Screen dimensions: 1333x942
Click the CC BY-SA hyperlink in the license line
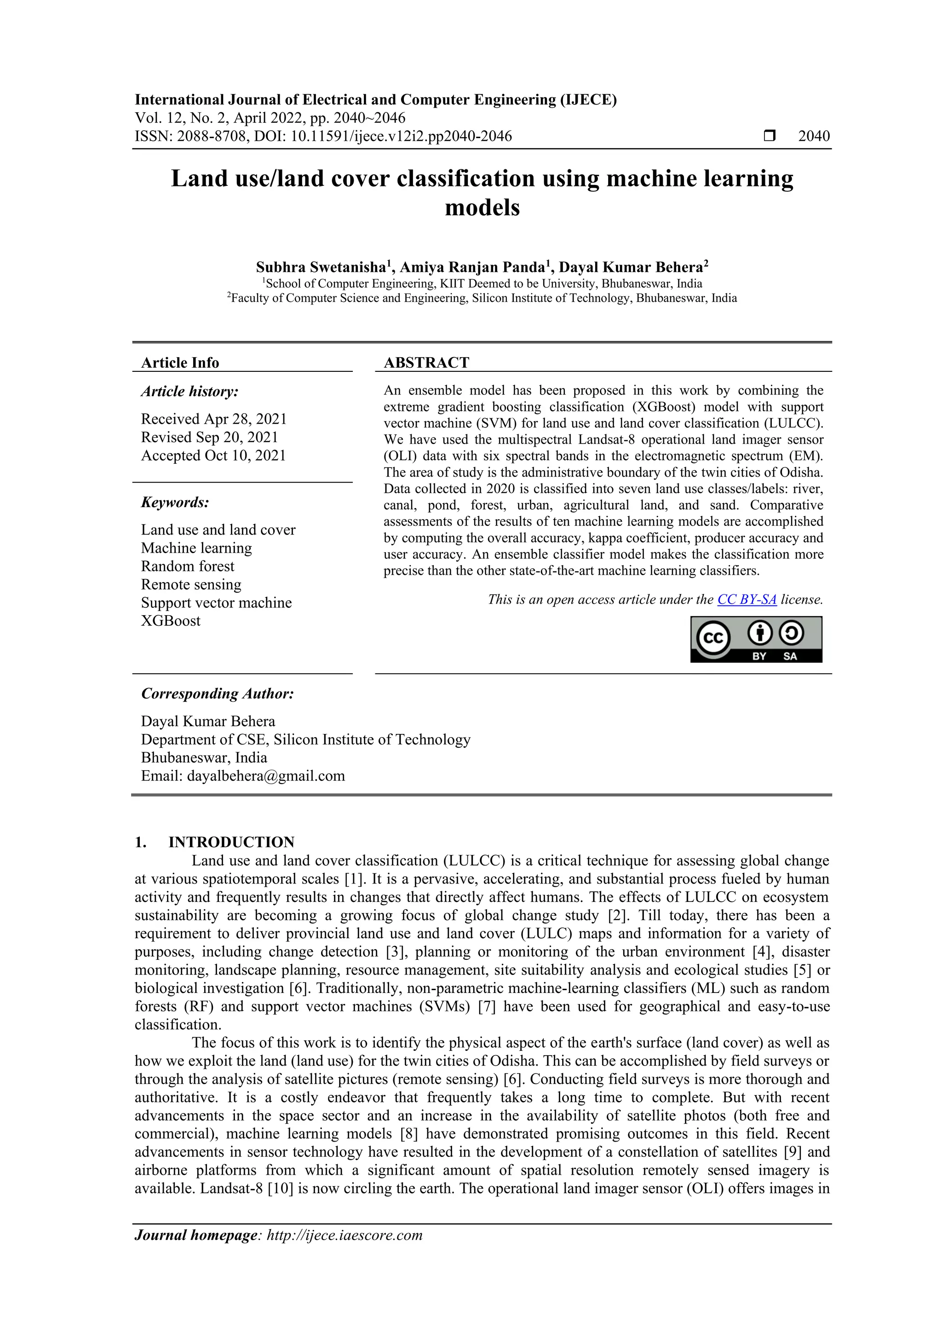pyautogui.click(x=747, y=600)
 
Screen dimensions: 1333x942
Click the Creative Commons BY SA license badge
pyautogui.click(x=756, y=639)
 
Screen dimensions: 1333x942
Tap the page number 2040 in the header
pyautogui.click(x=814, y=137)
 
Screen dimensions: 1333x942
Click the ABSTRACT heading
pyautogui.click(x=426, y=363)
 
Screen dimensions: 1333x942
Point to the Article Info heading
pyautogui.click(x=180, y=363)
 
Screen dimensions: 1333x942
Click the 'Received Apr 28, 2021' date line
pyautogui.click(x=213, y=419)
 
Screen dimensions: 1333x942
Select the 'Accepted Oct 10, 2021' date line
pyautogui.click(x=213, y=456)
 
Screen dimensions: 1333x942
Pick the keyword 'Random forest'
pyautogui.click(x=188, y=566)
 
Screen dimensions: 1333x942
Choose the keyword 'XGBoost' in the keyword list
pyautogui.click(x=171, y=621)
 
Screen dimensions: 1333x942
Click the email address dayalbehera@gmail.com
pyautogui.click(x=266, y=776)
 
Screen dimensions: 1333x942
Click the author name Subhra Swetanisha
pyautogui.click(x=321, y=268)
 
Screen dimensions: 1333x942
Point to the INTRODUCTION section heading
pyautogui.click(x=231, y=842)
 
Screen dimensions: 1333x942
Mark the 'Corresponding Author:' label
pyautogui.click(x=218, y=694)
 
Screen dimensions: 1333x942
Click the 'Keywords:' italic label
pyautogui.click(x=175, y=502)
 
